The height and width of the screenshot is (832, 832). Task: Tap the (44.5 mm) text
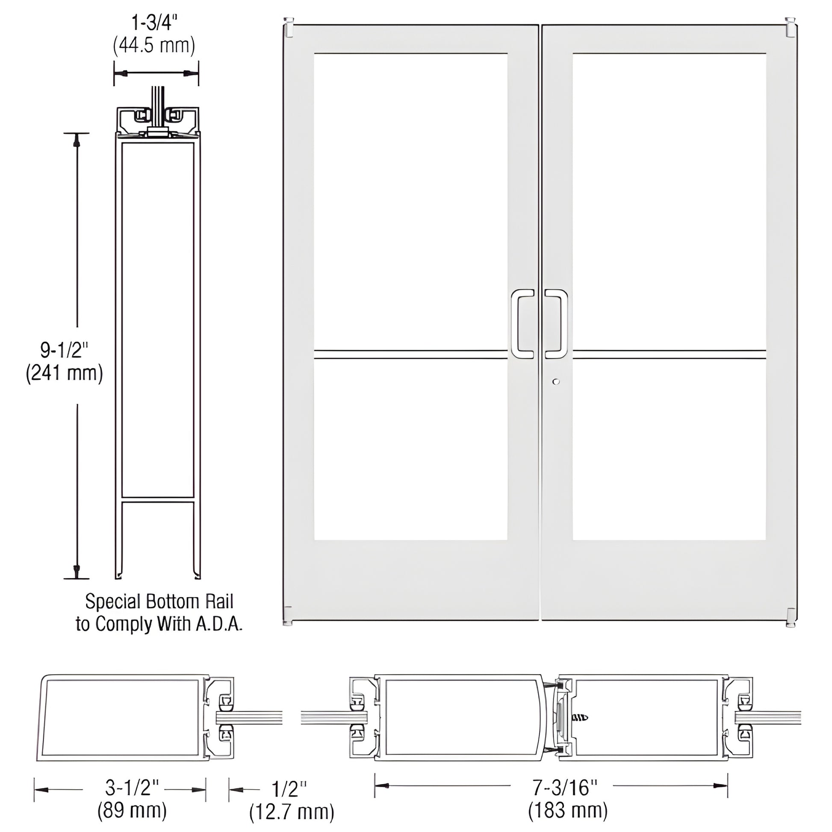tap(154, 45)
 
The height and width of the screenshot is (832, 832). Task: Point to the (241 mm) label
tap(65, 373)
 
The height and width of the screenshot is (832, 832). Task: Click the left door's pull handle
tap(522, 324)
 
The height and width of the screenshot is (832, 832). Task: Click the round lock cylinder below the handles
tap(556, 381)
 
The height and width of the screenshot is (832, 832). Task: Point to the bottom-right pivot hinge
tap(790, 617)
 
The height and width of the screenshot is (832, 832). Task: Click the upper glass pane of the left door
tap(410, 201)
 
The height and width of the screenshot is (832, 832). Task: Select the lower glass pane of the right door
tap(669, 449)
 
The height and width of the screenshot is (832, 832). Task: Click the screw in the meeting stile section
tap(580, 717)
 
